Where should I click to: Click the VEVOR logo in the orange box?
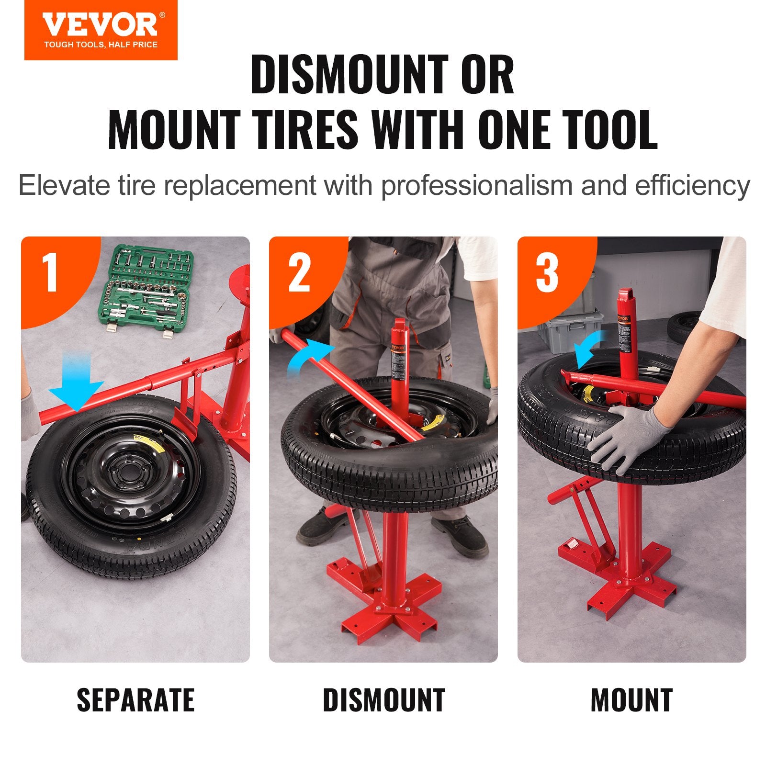click(x=101, y=25)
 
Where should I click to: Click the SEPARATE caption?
click(x=135, y=700)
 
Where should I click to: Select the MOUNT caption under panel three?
click(x=631, y=700)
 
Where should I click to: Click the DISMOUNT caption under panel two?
click(x=384, y=700)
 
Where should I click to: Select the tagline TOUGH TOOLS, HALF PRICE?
click(x=101, y=45)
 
